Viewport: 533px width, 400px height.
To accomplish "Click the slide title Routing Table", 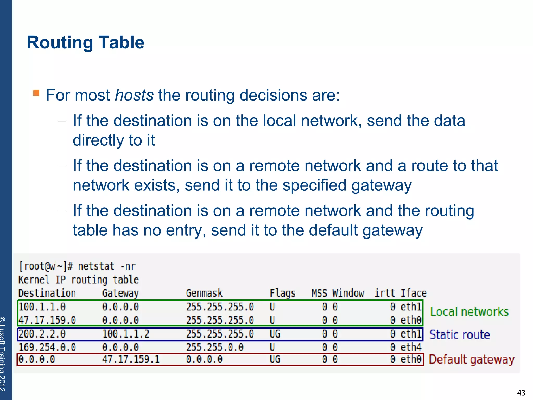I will [x=85, y=43].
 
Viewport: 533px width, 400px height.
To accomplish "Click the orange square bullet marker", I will [x=36, y=93].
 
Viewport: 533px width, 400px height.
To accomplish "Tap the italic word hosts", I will [x=134, y=95].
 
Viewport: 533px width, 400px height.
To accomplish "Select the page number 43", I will [x=521, y=393].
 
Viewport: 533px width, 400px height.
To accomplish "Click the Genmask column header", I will [x=204, y=293].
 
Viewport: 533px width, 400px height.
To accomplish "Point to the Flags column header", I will [x=282, y=293].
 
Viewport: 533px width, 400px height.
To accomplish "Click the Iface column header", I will [x=413, y=293].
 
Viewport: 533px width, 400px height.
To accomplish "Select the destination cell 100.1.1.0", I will [x=42, y=307].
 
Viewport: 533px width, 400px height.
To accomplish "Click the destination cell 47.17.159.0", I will [x=47, y=320].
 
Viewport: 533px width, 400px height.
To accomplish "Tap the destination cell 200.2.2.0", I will [x=42, y=334].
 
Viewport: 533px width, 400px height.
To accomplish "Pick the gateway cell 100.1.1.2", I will [x=125, y=334].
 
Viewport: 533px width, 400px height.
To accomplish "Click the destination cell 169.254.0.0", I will [x=47, y=347].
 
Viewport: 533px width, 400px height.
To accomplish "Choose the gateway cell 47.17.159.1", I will [x=131, y=360].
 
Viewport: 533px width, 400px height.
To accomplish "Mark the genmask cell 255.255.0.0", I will [x=214, y=347].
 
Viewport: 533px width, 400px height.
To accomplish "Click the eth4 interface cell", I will [x=411, y=347].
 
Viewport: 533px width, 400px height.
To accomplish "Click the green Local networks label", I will [x=469, y=312].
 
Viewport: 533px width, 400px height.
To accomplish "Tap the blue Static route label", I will [x=459, y=335].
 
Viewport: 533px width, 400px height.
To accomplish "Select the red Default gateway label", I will [x=471, y=360].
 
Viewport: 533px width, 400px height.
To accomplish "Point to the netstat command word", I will [x=96, y=266].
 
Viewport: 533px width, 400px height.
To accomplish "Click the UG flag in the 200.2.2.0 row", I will [x=275, y=334].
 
